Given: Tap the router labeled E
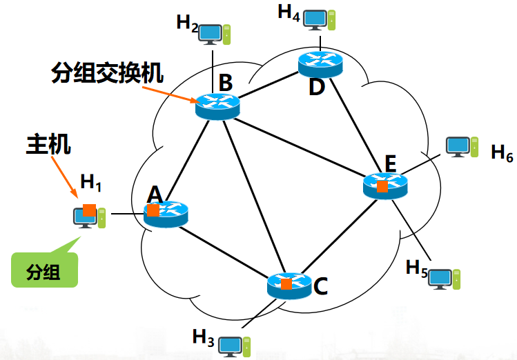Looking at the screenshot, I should click(385, 185).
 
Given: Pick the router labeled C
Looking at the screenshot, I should click(289, 285).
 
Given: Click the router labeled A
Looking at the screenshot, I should click(166, 214).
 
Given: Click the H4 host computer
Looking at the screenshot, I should click(318, 19).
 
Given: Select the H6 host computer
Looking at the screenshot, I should click(460, 146).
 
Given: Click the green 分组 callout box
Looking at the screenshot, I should click(44, 270).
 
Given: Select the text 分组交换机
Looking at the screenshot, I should click(110, 74).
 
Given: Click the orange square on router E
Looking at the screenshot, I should click(381, 186).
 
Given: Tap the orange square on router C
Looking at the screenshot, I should click(286, 283).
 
